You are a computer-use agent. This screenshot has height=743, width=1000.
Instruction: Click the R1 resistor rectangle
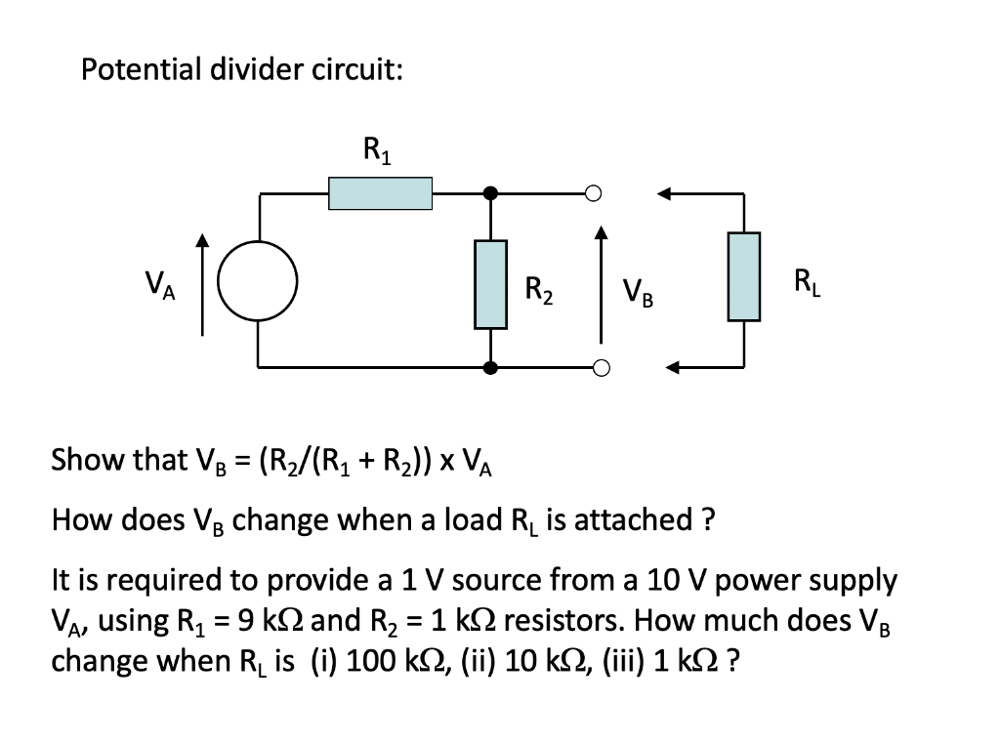coord(380,193)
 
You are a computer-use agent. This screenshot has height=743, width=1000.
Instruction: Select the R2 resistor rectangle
coord(490,284)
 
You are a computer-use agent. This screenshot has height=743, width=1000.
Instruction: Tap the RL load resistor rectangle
coord(743,276)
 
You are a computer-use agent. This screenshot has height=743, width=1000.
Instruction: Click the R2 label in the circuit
coord(539,290)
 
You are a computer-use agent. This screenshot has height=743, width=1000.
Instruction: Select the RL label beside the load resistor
coord(808,283)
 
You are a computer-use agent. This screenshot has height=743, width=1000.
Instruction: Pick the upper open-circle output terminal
coord(593,193)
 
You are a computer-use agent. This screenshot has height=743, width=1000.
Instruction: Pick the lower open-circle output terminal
coord(601,368)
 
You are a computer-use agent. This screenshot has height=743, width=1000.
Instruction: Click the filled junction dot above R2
coord(491,193)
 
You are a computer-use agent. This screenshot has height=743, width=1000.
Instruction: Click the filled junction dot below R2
coord(491,368)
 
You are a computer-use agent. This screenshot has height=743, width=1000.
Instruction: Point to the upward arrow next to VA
coord(203,283)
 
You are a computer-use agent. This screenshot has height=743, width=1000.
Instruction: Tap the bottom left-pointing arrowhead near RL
coord(674,368)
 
